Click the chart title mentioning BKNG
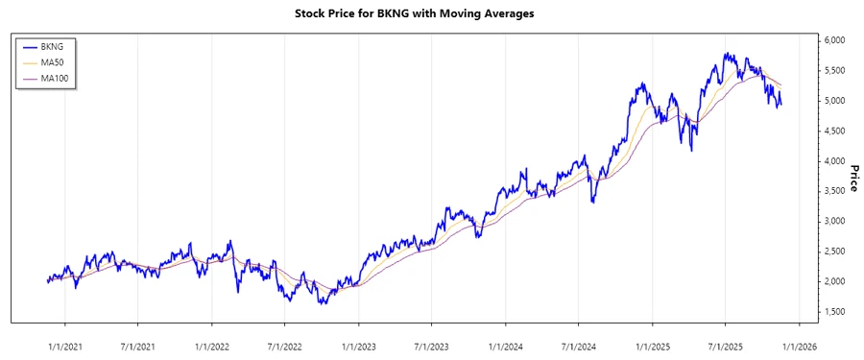[x=431, y=13]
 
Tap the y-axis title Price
[x=852, y=178]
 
